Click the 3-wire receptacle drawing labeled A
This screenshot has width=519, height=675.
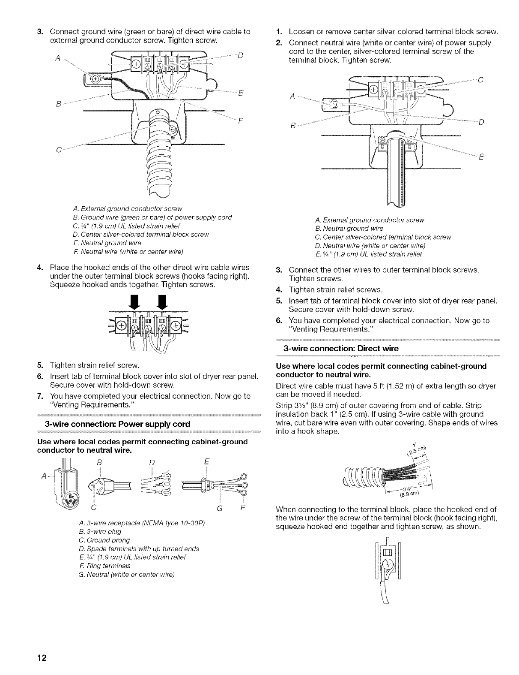pyautogui.click(x=69, y=482)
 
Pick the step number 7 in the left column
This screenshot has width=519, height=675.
pyautogui.click(x=41, y=396)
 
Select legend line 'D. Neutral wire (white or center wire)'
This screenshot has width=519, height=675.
pyautogui.click(x=370, y=246)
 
